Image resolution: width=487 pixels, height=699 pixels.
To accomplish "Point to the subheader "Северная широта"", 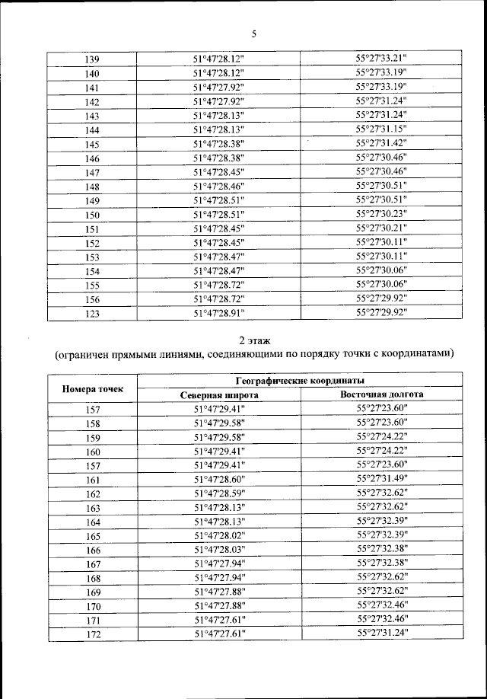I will pyautogui.click(x=218, y=395).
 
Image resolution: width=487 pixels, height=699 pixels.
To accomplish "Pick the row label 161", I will pyautogui.click(x=93, y=479).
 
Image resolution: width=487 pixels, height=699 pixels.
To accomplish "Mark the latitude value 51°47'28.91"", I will pyautogui.click(x=218, y=312).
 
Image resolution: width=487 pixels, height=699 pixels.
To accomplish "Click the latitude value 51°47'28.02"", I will pyautogui.click(x=218, y=535).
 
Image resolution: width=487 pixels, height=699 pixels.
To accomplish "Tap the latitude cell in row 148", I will pyautogui.click(x=218, y=186).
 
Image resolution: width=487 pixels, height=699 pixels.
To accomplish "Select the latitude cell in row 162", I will pyautogui.click(x=218, y=493).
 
